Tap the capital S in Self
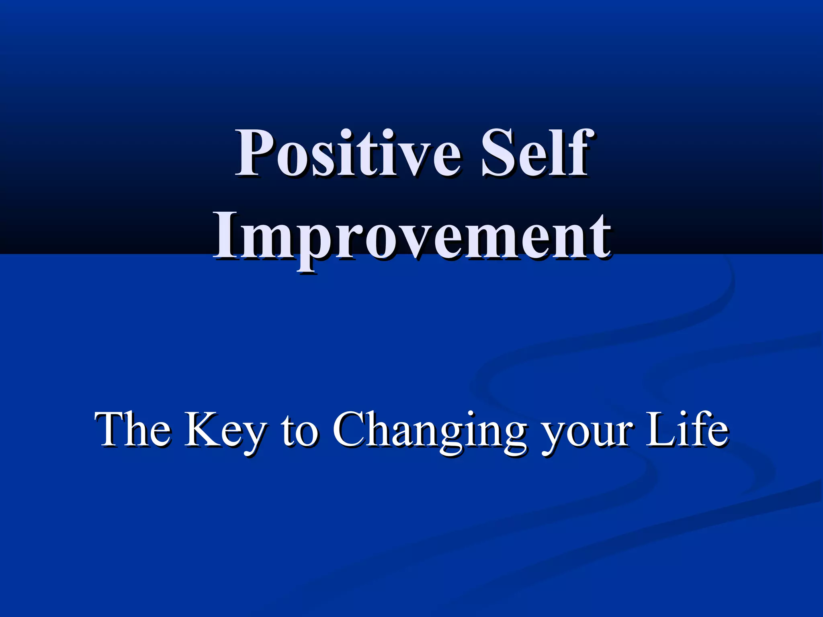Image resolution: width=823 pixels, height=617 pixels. coord(500,153)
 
